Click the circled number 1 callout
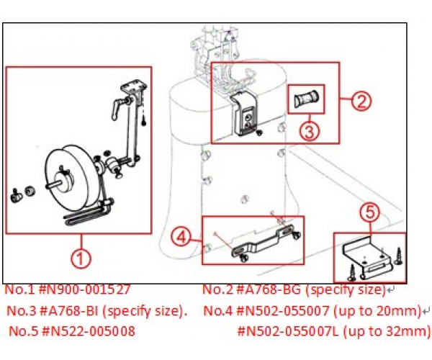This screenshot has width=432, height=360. coord(81,258)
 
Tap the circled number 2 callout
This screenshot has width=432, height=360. coord(361,101)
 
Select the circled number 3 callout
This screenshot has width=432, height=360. coord(310,130)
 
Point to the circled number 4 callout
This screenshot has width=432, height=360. coord(181,238)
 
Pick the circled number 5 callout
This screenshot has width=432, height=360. coord(369,212)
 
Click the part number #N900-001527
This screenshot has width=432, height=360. coord(84,289)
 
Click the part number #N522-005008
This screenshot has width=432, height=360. coord(88,331)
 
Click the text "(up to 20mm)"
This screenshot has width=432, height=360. coord(377,311)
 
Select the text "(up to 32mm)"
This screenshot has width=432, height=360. coord(387,331)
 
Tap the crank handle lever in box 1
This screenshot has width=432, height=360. coord(119,108)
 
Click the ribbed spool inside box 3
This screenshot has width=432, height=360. coord(306,99)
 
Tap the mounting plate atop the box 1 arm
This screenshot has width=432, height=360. coord(134,87)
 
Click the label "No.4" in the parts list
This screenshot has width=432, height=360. coord(217,311)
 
